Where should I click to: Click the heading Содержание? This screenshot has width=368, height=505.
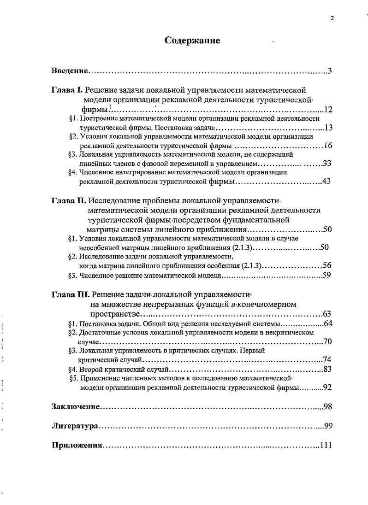coord(192,41)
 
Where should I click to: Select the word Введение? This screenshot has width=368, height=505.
coord(69,71)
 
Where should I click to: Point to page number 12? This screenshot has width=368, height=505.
coord(328,110)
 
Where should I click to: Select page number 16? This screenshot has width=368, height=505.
coord(328,146)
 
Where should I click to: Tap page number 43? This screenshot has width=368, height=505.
coord(326,182)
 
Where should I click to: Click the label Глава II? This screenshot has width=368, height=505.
coord(68,201)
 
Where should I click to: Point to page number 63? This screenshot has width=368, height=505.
coord(327,314)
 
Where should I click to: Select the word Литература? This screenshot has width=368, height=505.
coord(74,426)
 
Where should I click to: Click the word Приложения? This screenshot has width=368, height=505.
coord(77,446)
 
